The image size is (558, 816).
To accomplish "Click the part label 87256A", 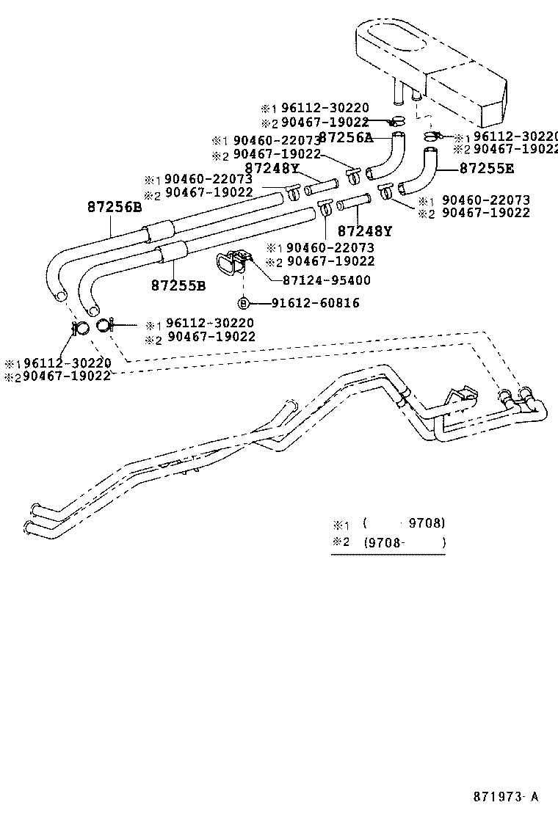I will [x=346, y=137].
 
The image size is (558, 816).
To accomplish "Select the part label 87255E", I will [x=487, y=168].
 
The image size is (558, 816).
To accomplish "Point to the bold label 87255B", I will [x=178, y=285].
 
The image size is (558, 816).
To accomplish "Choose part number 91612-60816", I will [x=315, y=302].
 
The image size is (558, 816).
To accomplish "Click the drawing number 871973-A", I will [x=504, y=796].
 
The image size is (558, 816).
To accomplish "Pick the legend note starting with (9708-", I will [x=405, y=543].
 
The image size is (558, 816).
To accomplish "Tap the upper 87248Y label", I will [x=272, y=168].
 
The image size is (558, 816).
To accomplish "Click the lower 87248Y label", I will [x=365, y=231].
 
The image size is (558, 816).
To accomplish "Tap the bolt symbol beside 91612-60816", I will [x=242, y=302].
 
